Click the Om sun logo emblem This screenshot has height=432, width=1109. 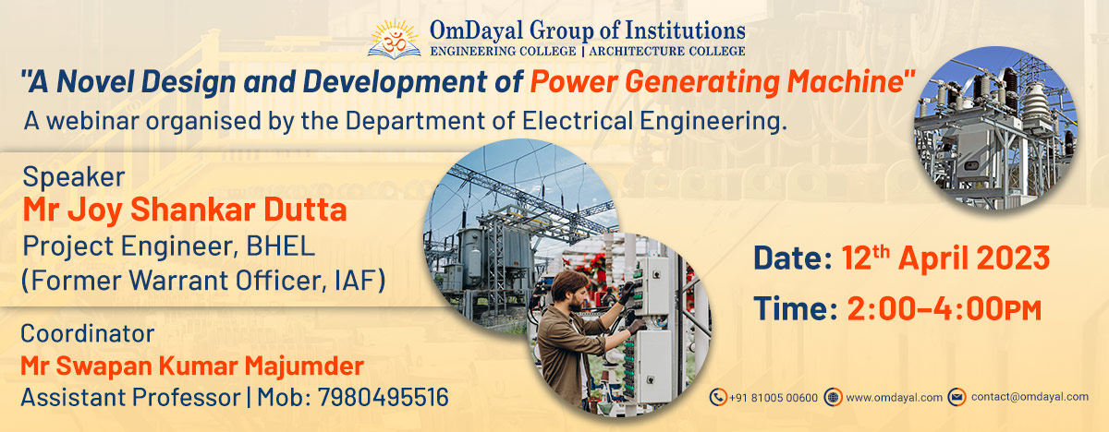coord(395,37)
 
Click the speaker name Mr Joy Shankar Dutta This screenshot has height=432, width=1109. coord(184,210)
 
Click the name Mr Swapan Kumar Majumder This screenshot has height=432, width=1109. coord(191,366)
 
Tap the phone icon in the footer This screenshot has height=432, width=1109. coord(717,397)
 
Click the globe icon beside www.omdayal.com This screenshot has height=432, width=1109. coord(833,397)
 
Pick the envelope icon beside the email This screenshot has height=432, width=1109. coord(956,397)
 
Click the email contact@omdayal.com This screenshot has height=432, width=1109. coord(1030,397)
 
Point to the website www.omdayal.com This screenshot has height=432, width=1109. coord(894,397)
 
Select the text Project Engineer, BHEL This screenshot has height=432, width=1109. coord(168,246)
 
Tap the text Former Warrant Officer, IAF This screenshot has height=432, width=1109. coord(202,281)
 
